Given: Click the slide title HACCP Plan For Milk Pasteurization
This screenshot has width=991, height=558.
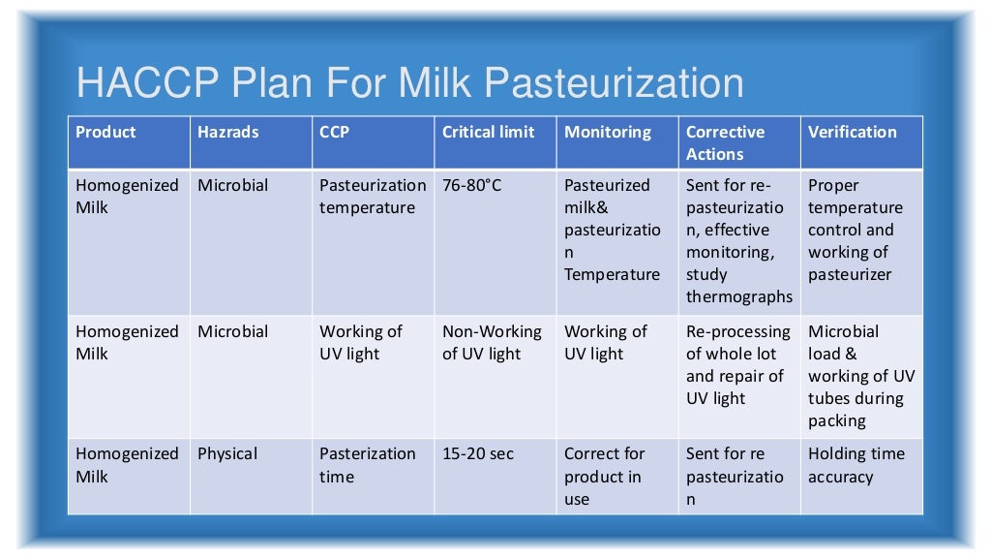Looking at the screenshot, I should click(409, 83).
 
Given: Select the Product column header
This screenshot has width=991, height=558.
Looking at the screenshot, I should click(106, 133).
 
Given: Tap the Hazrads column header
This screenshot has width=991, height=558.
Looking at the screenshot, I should click(228, 133).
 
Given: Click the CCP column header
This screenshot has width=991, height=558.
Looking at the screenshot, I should click(335, 133).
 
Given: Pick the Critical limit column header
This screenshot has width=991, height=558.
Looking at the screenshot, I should click(489, 133).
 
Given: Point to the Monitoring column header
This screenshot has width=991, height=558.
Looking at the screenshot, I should click(608, 133).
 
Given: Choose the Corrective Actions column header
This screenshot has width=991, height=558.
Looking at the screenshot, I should click(725, 143).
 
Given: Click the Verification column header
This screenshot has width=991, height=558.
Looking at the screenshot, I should click(853, 133).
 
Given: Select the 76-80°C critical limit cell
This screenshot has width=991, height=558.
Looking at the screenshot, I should click(472, 185).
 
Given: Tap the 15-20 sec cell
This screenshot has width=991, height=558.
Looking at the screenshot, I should click(478, 453).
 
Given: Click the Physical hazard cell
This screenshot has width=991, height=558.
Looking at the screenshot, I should click(228, 453).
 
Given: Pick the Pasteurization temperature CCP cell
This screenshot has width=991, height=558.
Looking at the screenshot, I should click(373, 197).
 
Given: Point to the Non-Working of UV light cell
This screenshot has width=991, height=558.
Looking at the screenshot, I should click(492, 343).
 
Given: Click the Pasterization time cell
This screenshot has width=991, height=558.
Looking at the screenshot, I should click(368, 465).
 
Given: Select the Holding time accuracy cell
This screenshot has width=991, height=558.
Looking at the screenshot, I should click(856, 465).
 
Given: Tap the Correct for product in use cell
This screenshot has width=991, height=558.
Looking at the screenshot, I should click(603, 477).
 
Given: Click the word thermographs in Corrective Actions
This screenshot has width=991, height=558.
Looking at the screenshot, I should click(739, 297).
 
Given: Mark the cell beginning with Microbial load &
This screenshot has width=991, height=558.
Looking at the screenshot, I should click(860, 376).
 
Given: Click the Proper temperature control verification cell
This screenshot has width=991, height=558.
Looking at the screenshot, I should click(856, 230).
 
